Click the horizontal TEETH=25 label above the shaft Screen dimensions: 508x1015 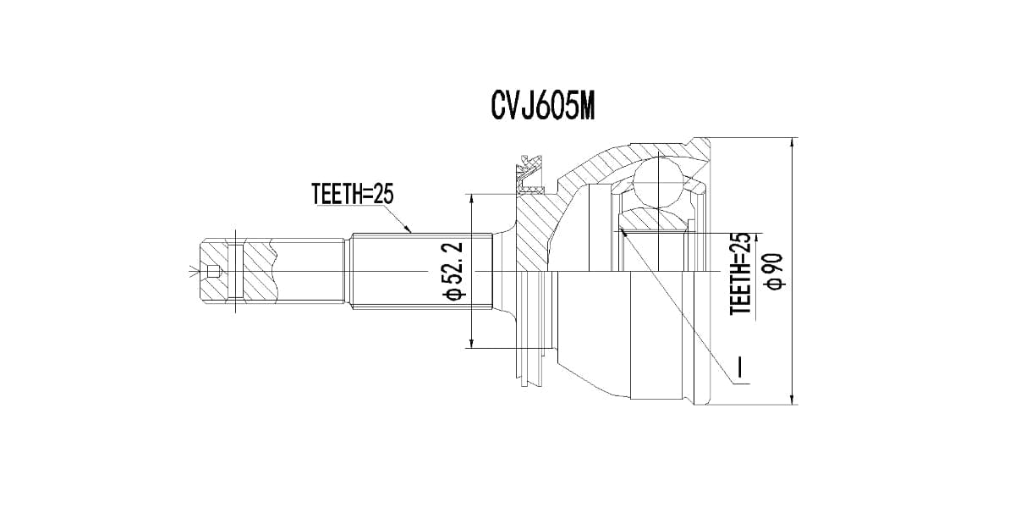click(x=353, y=195)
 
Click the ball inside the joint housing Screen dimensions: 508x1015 click(x=657, y=181)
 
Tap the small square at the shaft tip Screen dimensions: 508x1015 click(x=212, y=272)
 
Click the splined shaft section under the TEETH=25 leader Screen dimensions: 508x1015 click(x=419, y=271)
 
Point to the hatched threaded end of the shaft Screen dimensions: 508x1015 click(x=254, y=271)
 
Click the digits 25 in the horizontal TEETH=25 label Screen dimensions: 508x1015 click(x=383, y=195)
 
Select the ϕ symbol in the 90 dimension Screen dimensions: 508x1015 click(x=771, y=284)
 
